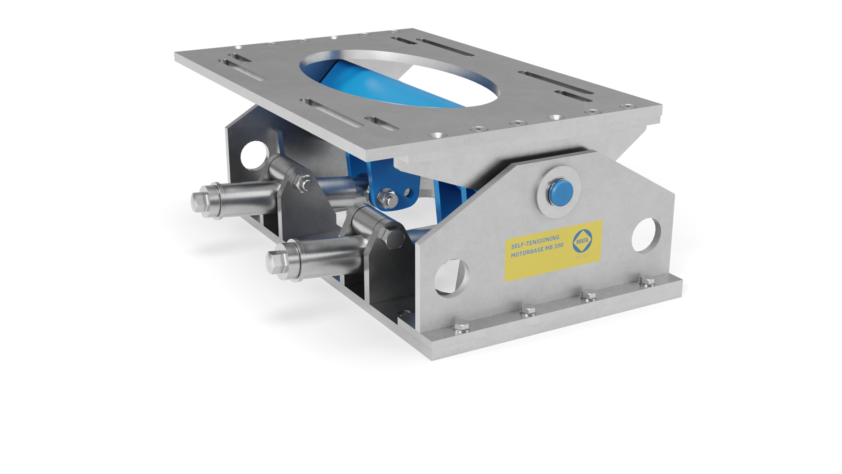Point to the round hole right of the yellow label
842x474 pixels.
646,235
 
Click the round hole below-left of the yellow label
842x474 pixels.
452,278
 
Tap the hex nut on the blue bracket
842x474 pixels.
385,196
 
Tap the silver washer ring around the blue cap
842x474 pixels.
546,206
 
